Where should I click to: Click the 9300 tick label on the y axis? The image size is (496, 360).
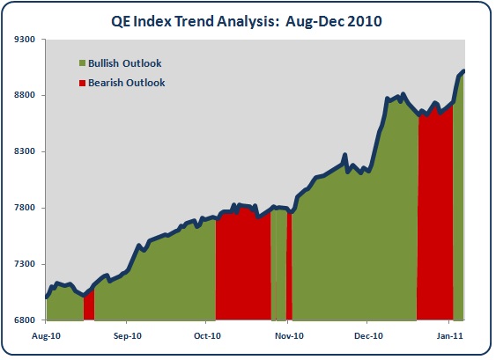[x=25, y=40]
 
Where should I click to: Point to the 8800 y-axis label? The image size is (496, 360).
[x=25, y=95]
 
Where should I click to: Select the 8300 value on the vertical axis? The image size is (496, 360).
[x=25, y=151]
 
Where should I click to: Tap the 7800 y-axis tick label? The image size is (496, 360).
[x=25, y=208]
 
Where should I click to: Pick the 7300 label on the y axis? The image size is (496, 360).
[x=25, y=263]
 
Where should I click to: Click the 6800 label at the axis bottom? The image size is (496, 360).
[x=25, y=320]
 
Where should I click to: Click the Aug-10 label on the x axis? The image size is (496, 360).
[x=46, y=335]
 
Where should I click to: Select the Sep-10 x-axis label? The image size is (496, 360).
[x=128, y=335]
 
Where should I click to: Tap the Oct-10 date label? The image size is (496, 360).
[x=208, y=335]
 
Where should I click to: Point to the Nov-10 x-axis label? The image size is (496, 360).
[x=289, y=335]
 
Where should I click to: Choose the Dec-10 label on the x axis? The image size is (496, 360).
[x=368, y=335]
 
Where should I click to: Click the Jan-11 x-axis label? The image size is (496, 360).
[x=449, y=335]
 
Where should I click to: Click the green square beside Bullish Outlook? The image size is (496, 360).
[x=82, y=63]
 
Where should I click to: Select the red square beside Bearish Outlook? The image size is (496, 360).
[x=82, y=83]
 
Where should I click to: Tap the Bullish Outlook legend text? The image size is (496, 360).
[x=125, y=63]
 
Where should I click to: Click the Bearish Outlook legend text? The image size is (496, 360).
[x=127, y=83]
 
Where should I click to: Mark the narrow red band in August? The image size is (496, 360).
[x=89, y=306]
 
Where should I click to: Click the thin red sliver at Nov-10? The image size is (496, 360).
[x=289, y=266]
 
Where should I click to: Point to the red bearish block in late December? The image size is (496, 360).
[x=435, y=215]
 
